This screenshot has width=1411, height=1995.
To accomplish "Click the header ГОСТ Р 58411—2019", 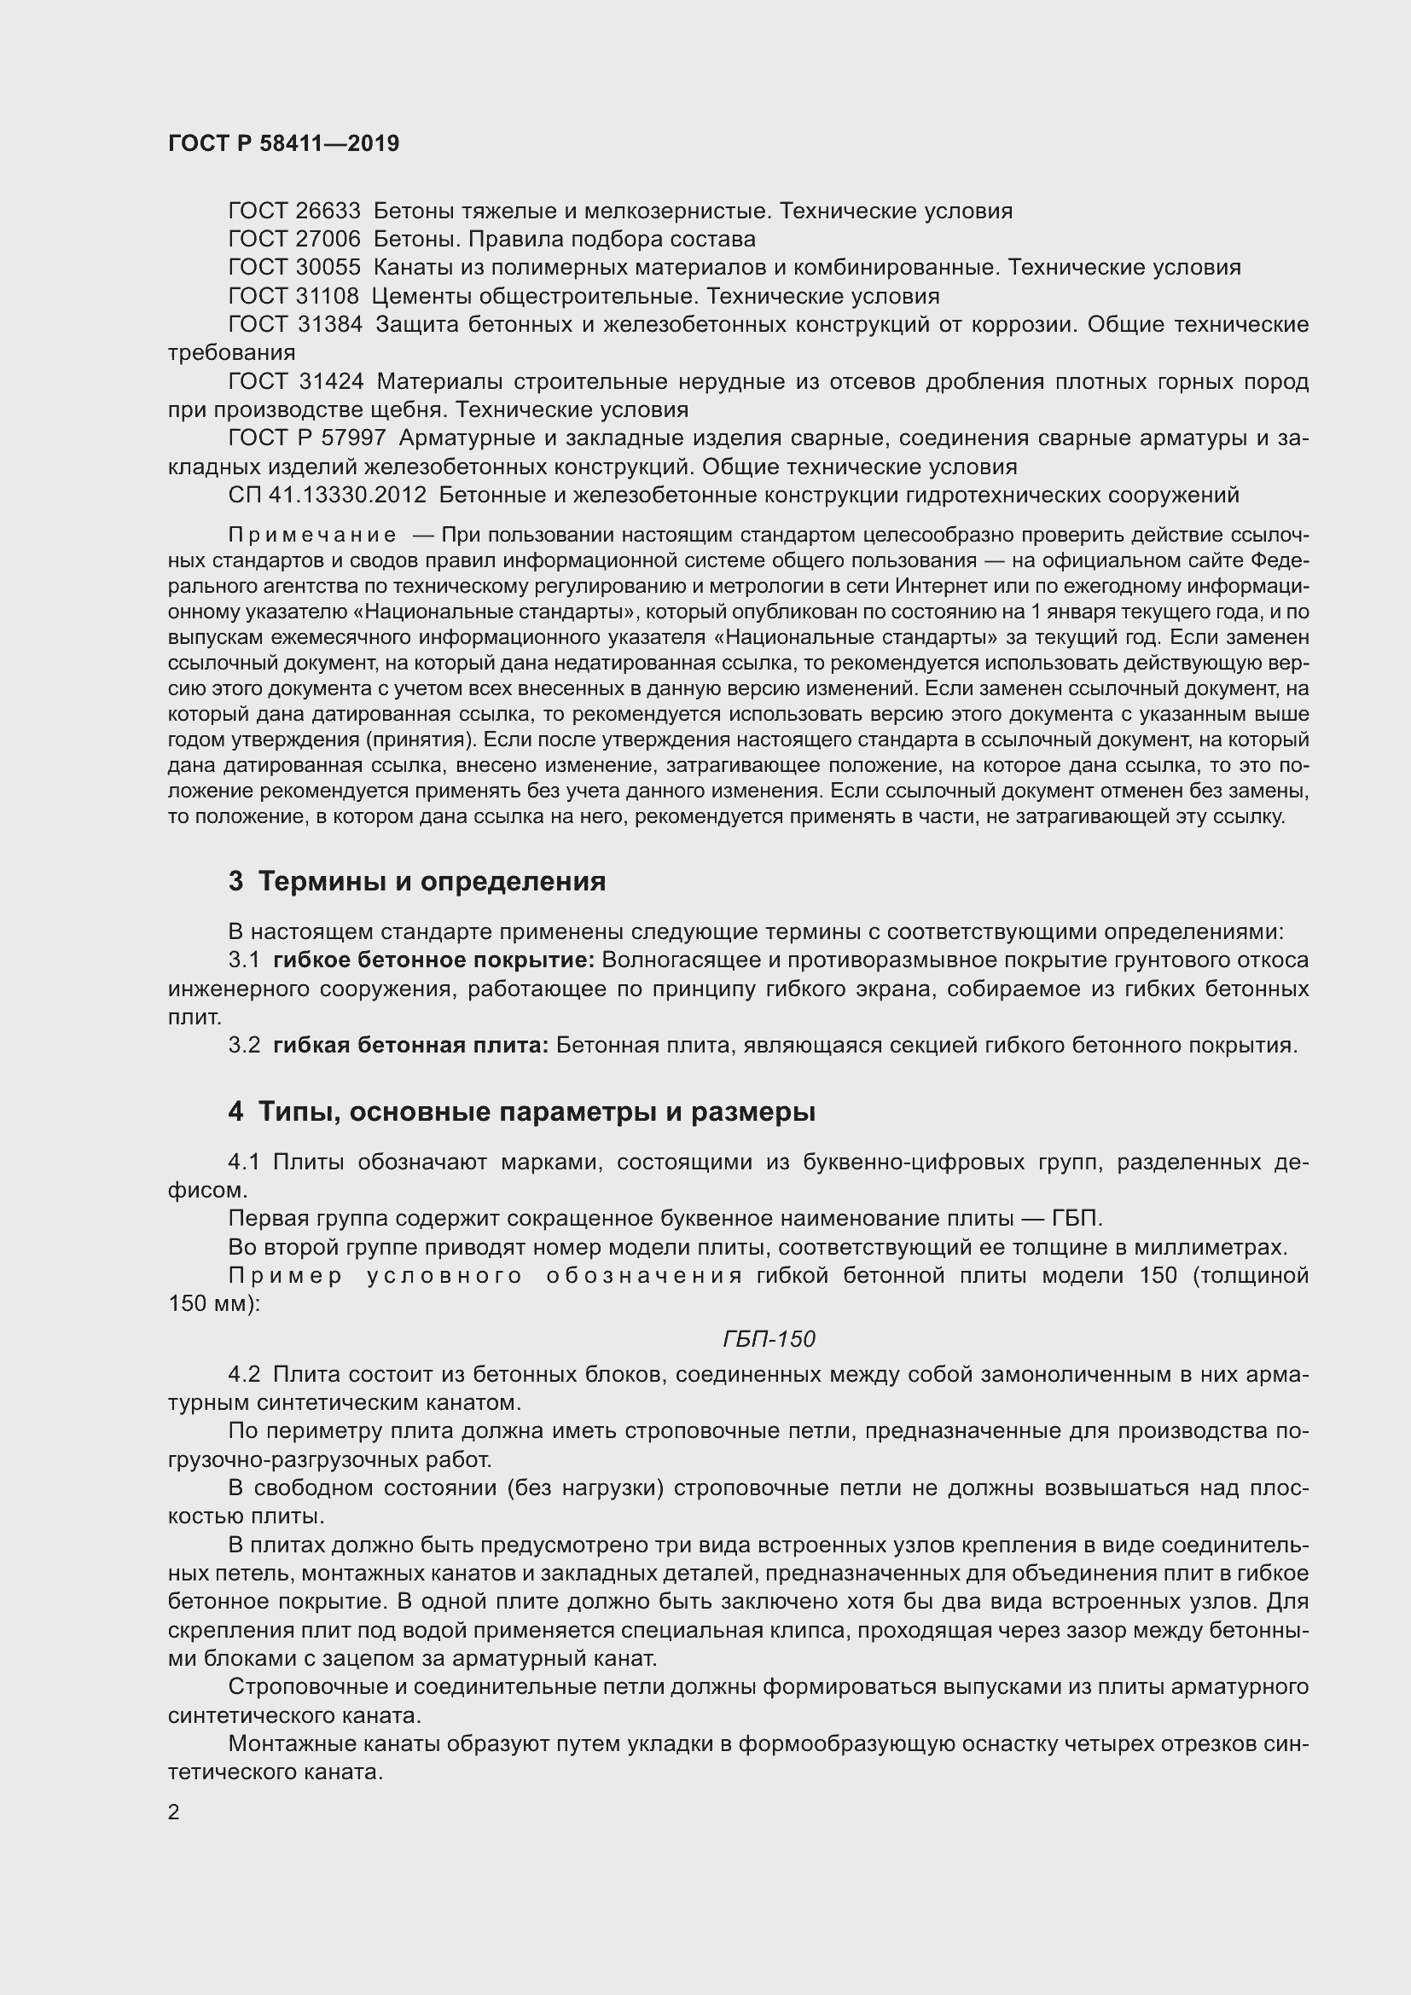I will click(x=283, y=144).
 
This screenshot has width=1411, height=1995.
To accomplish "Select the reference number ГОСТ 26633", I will click(x=293, y=212).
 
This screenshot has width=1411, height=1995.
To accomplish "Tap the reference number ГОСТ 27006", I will click(x=293, y=239).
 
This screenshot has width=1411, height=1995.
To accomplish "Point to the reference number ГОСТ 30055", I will click(x=293, y=268).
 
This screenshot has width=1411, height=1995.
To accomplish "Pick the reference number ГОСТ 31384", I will click(x=294, y=325).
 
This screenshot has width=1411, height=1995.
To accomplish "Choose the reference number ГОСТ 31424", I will click(x=295, y=381).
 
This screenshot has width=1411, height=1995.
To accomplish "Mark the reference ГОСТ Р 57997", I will click(x=307, y=438).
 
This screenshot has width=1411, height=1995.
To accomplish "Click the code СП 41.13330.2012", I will click(x=328, y=496).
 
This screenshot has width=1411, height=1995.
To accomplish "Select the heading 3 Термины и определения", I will click(x=417, y=882).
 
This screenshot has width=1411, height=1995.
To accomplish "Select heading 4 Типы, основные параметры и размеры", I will click(x=521, y=1112).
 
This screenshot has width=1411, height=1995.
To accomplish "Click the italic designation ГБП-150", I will click(x=769, y=1339).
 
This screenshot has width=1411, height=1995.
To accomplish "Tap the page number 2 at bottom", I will click(x=174, y=1812).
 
